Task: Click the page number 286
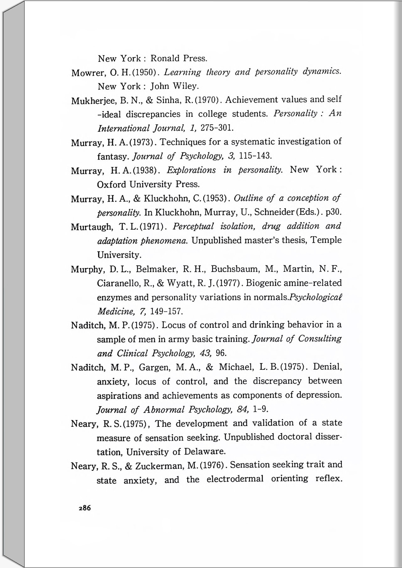(x=85, y=508)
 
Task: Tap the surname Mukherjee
(x=93, y=101)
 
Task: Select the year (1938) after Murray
(x=145, y=170)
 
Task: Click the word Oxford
(x=112, y=184)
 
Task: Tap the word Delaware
(x=205, y=452)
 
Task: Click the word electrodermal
(x=235, y=479)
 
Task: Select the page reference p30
(x=333, y=212)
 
